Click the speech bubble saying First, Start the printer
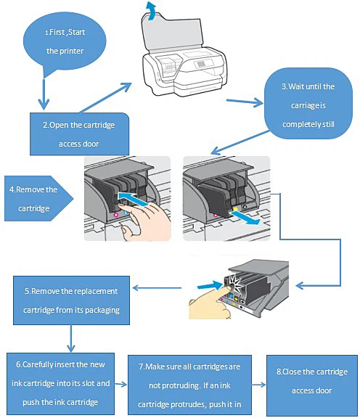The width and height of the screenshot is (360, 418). pyautogui.click(x=65, y=43)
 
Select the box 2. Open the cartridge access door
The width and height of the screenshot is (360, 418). pyautogui.click(x=79, y=134)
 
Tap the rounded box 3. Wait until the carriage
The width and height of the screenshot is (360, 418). pyautogui.click(x=308, y=104)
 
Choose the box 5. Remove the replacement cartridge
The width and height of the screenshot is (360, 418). pyautogui.click(x=71, y=300)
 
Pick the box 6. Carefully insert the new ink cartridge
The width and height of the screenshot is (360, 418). pyautogui.click(x=60, y=384)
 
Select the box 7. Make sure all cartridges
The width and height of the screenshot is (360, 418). pyautogui.click(x=189, y=385)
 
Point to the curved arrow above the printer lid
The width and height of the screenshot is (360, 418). pyautogui.click(x=151, y=10)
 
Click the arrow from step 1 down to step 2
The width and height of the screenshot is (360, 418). pyautogui.click(x=44, y=94)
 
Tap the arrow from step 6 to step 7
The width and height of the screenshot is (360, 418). pyautogui.click(x=120, y=384)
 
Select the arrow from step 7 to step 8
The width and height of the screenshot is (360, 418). pyautogui.click(x=259, y=385)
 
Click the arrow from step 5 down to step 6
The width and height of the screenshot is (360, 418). pyautogui.click(x=71, y=339)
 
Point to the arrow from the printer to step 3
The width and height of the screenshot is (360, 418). pyautogui.click(x=245, y=102)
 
